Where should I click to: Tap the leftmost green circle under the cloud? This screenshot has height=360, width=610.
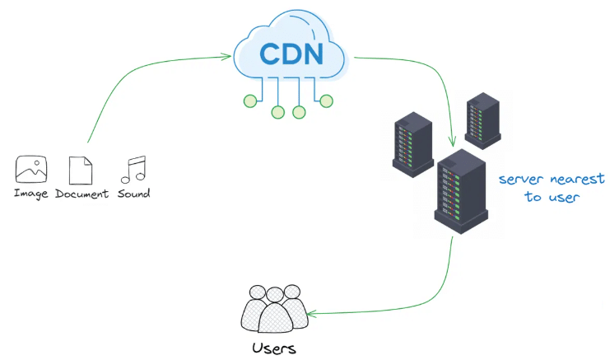point(249,101)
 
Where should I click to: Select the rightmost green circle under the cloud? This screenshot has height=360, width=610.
point(326,101)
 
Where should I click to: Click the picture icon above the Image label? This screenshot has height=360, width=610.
point(31,170)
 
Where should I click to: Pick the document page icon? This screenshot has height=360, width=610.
point(81,170)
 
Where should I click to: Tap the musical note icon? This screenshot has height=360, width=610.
point(133,169)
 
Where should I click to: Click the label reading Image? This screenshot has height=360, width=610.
point(31,194)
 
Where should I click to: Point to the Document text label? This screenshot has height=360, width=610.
point(81,194)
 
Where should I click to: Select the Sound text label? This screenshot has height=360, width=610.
point(133,194)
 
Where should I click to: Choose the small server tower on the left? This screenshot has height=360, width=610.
point(412,142)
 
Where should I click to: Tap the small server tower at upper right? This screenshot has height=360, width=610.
point(482,119)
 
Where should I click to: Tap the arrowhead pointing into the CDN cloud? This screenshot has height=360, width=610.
point(226,56)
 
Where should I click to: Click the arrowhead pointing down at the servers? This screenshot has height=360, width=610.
point(452,142)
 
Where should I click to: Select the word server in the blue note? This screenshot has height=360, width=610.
point(524,180)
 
